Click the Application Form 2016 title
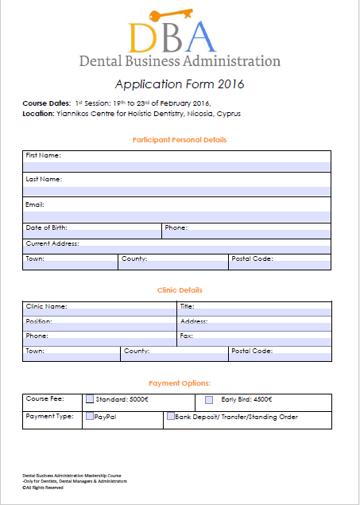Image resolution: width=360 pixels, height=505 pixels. [180, 84]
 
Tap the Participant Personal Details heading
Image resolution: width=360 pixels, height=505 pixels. [180, 140]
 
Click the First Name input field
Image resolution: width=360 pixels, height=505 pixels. [177, 165]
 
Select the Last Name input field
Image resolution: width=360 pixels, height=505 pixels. [177, 190]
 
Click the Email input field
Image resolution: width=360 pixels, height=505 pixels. [177, 216]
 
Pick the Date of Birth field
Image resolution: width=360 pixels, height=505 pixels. [92, 235]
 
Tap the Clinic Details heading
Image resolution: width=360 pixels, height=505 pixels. [180, 290]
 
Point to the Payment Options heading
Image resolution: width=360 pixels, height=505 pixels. [180, 383]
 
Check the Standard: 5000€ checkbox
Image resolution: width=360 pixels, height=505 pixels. [90, 399]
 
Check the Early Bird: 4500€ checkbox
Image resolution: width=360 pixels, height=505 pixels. [210, 399]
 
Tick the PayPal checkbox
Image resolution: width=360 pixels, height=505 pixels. [90, 416]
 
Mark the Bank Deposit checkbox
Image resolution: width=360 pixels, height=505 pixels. [170, 416]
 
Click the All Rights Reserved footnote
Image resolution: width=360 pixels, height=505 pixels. [44, 488]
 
